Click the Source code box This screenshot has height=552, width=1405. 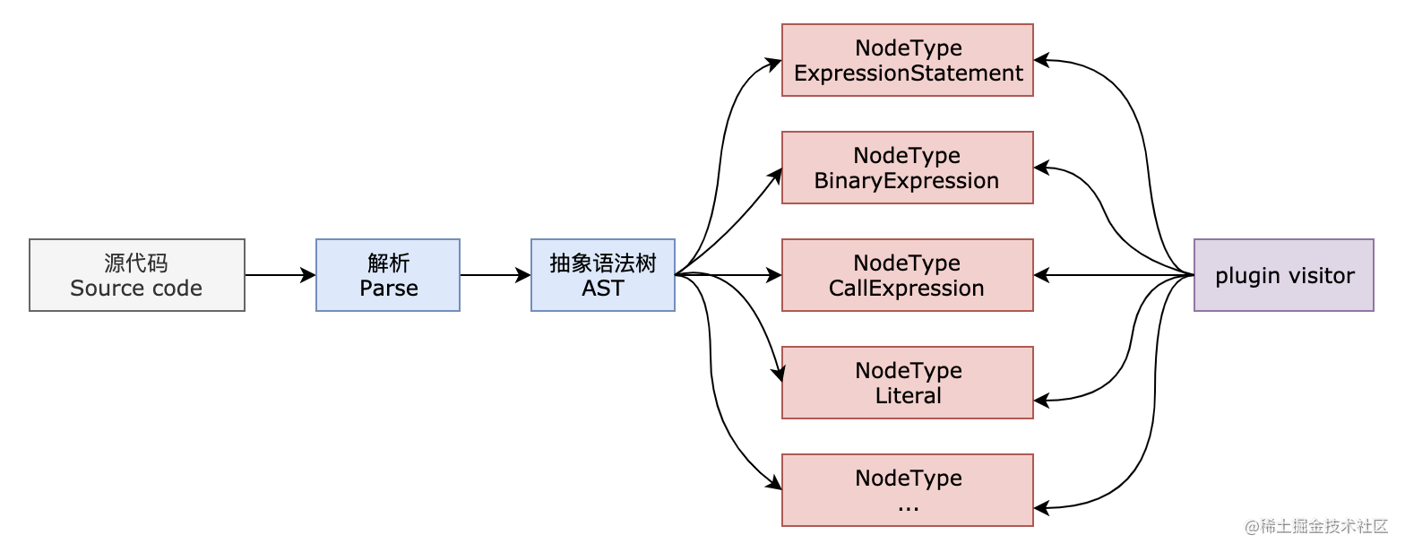(x=136, y=275)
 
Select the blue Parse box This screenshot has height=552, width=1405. (x=387, y=275)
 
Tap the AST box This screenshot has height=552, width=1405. (x=602, y=275)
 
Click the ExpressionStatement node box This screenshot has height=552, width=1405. (x=907, y=60)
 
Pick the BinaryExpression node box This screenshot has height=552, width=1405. (x=907, y=168)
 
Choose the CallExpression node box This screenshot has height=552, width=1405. (x=907, y=275)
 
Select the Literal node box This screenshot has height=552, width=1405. (x=907, y=383)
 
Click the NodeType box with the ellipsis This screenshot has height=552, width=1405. (x=907, y=490)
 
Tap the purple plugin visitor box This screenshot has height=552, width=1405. (x=1283, y=275)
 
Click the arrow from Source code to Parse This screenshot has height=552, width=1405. (x=280, y=275)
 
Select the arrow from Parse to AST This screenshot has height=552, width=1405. (x=495, y=275)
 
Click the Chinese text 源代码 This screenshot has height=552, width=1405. (x=136, y=263)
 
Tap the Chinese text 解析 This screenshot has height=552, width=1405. (x=388, y=263)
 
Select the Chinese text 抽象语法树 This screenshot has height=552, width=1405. (x=602, y=263)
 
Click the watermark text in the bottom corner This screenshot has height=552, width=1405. (x=1315, y=526)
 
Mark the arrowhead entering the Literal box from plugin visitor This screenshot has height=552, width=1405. (x=1040, y=401)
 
